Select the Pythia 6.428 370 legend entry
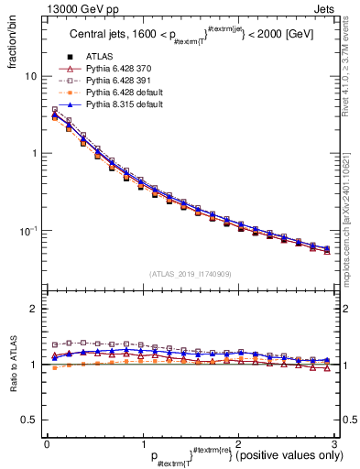[116, 69]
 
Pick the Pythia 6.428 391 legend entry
[116, 81]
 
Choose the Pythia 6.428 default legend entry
[120, 93]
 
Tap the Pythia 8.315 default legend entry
[120, 104]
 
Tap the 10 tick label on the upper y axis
[31, 77]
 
